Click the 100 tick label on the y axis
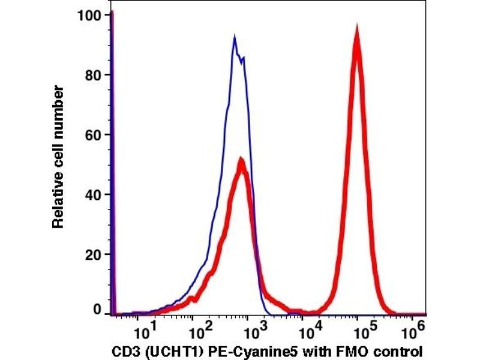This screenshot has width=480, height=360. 88,14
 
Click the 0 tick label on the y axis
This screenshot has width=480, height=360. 97,311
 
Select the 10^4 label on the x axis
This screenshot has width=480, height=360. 308,329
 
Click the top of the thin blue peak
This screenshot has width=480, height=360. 235,37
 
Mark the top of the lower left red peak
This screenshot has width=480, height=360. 241,160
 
